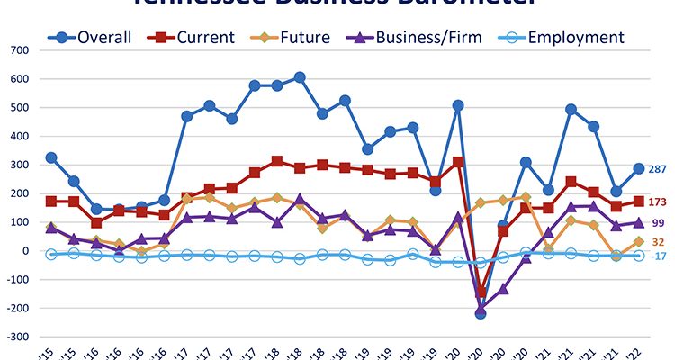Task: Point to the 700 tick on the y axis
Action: (18, 50)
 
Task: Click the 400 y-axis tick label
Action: (18, 136)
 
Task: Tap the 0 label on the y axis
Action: (26, 251)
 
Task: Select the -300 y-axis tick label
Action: (15, 337)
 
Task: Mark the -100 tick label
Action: (15, 280)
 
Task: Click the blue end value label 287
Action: (659, 168)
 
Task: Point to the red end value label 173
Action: (659, 202)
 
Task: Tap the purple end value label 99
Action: (657, 222)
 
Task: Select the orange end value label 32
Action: (657, 241)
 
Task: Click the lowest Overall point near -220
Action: (481, 313)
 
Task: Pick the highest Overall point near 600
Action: (300, 77)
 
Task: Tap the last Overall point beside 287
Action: (638, 168)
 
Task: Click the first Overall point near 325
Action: (51, 157)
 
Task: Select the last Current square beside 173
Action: (638, 202)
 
